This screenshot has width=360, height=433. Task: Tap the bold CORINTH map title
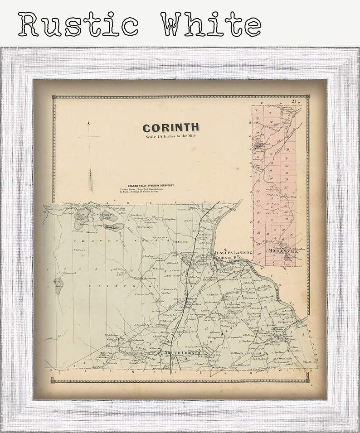coord(170,128)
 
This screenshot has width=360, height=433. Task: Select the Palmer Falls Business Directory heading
coord(147,186)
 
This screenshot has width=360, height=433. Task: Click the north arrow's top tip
coord(89,123)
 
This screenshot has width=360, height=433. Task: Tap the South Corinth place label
coord(181,353)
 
